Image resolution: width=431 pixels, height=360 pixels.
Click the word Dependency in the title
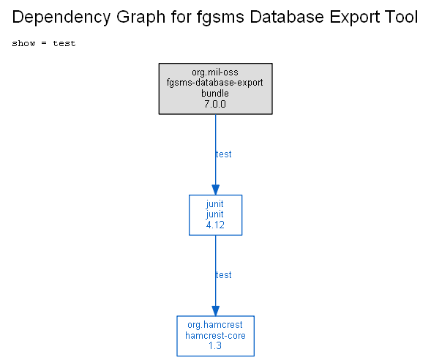click(x=61, y=18)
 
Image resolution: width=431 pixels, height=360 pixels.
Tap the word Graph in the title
click(x=141, y=18)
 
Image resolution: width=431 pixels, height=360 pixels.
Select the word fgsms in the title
click(x=221, y=18)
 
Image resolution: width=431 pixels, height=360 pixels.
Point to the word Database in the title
click(x=287, y=17)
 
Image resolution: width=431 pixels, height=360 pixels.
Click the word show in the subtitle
click(x=23, y=43)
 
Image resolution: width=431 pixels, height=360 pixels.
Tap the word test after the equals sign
click(x=64, y=43)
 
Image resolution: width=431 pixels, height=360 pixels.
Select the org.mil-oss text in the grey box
click(x=215, y=72)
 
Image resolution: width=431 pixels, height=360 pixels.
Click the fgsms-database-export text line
click(x=215, y=83)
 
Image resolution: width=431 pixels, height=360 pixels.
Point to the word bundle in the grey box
click(x=215, y=93)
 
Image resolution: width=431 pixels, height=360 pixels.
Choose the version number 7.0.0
click(x=215, y=104)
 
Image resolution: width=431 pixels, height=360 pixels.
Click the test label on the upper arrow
click(x=223, y=154)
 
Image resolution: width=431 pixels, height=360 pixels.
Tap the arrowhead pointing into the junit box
click(x=215, y=190)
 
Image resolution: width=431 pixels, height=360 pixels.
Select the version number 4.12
click(x=215, y=225)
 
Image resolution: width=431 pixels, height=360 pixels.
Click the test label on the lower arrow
click(x=223, y=275)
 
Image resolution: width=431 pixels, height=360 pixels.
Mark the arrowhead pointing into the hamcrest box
click(x=215, y=311)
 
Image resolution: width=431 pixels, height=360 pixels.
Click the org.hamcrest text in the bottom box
click(x=215, y=325)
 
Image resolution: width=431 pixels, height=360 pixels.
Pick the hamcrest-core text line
click(x=215, y=336)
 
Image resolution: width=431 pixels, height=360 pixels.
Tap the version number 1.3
click(x=215, y=345)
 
